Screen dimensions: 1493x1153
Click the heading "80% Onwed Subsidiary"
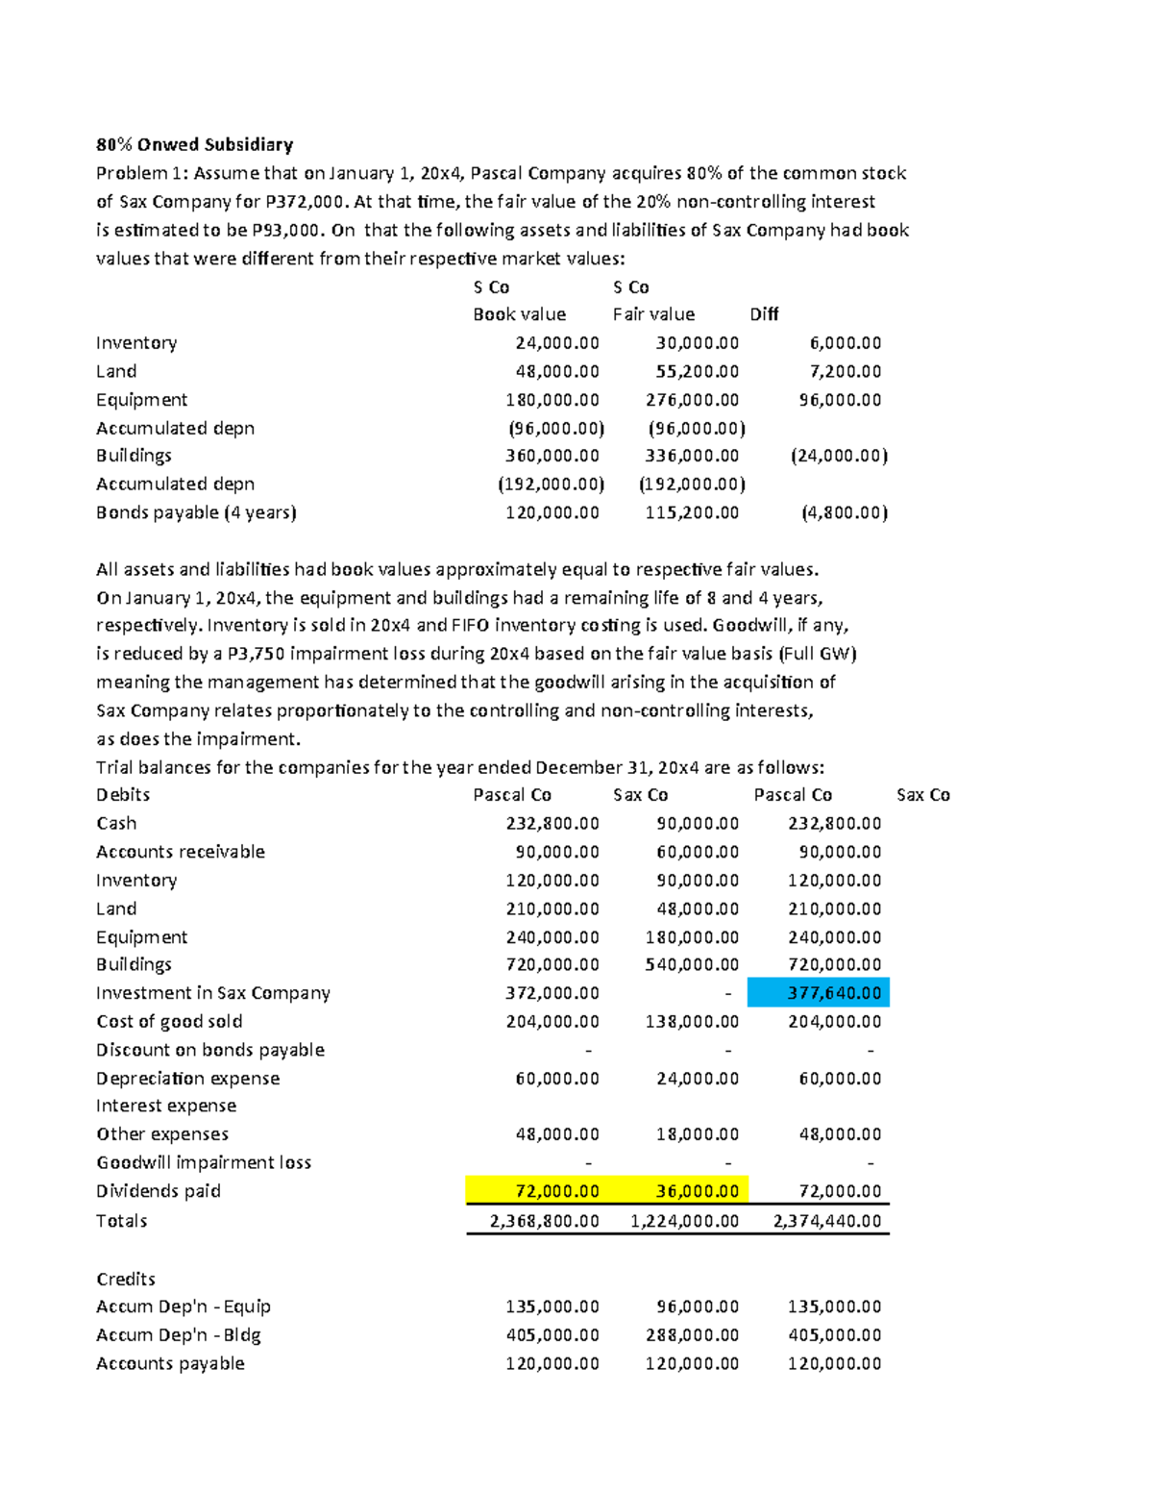[x=194, y=145]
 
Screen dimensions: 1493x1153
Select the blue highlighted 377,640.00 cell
[x=819, y=993]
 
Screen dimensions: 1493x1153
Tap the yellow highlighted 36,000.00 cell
[x=678, y=1191]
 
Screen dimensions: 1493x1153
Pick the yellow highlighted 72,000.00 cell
[x=537, y=1191]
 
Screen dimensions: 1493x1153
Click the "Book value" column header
[x=519, y=314]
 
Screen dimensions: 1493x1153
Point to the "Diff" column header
[x=764, y=314]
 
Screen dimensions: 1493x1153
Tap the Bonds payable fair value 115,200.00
[x=692, y=512]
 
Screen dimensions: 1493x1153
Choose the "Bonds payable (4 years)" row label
[x=196, y=512]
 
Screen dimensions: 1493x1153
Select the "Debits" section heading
[x=123, y=795]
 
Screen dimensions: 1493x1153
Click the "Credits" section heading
[x=126, y=1279]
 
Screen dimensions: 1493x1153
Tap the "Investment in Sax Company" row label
[x=213, y=993]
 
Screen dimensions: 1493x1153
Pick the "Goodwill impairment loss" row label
[x=204, y=1162]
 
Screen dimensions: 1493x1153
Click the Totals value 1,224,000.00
[x=684, y=1221]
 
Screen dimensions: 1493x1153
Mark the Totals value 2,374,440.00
[x=826, y=1221]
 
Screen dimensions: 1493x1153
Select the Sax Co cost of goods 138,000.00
[x=692, y=1022]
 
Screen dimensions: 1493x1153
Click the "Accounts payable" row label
[x=170, y=1363]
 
